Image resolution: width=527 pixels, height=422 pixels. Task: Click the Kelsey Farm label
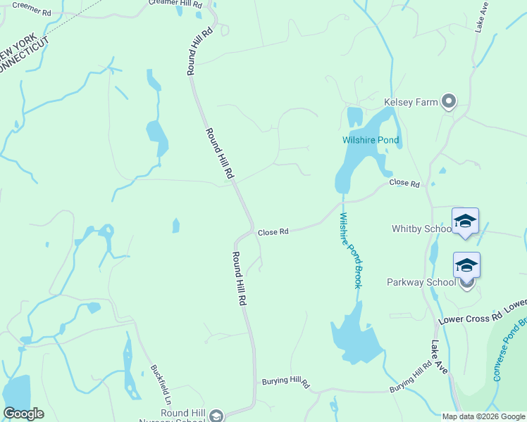pyautogui.click(x=410, y=102)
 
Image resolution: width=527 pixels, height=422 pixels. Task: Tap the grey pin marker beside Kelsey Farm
pyautogui.click(x=449, y=101)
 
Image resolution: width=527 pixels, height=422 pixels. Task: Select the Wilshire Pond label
pyautogui.click(x=371, y=140)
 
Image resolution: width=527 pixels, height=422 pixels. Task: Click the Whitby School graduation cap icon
pyautogui.click(x=465, y=223)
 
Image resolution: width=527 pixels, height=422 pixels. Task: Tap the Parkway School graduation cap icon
pyautogui.click(x=466, y=266)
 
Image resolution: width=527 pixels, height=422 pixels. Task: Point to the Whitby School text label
pyautogui.click(x=421, y=229)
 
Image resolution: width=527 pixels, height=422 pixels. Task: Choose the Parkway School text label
pyautogui.click(x=421, y=282)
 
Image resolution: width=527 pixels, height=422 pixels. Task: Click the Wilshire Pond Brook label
pyautogui.click(x=350, y=250)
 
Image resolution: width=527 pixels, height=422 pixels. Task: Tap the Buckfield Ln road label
pyautogui.click(x=161, y=381)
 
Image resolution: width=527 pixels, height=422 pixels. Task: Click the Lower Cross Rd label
pyautogui.click(x=482, y=312)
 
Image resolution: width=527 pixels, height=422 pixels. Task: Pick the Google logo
pyautogui.click(x=23, y=414)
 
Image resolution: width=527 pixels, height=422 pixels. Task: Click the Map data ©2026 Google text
pyautogui.click(x=483, y=416)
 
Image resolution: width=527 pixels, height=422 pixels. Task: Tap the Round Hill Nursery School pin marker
pyautogui.click(x=216, y=415)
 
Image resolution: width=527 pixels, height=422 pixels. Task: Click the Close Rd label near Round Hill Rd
pyautogui.click(x=273, y=231)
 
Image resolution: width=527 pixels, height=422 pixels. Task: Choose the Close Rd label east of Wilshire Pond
pyautogui.click(x=404, y=184)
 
